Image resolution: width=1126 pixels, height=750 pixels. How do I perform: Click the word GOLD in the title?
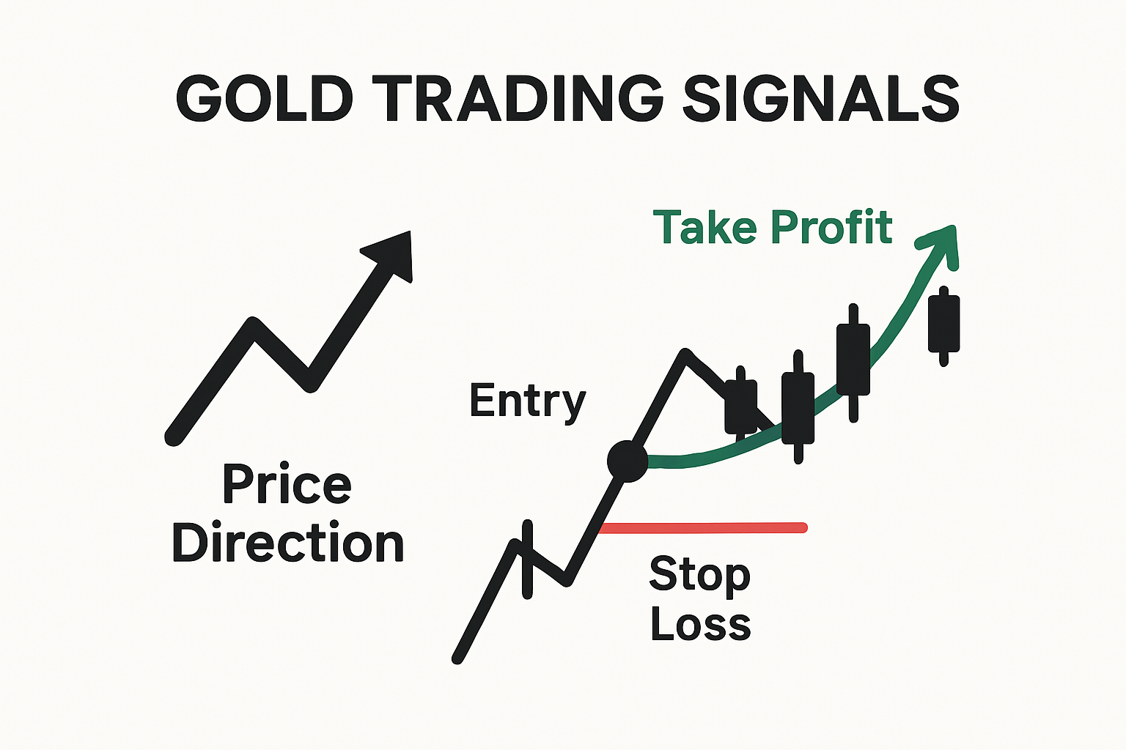[x=265, y=98]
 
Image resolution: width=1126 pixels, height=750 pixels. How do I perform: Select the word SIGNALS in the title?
[x=820, y=98]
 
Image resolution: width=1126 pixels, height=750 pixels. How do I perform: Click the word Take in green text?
[x=704, y=227]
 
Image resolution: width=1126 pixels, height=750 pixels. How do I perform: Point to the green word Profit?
[x=831, y=227]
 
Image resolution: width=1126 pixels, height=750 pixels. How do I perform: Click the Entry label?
[x=527, y=401]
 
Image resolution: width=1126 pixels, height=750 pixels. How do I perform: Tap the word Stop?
[x=699, y=575]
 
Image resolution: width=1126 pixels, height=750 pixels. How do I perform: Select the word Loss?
[x=700, y=625]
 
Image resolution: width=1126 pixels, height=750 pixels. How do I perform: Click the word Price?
[x=287, y=485]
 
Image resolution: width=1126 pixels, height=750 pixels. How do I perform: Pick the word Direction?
[x=287, y=543]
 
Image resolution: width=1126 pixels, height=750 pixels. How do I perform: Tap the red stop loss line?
[x=704, y=527]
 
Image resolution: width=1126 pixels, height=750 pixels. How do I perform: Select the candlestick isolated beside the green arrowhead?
[x=943, y=324]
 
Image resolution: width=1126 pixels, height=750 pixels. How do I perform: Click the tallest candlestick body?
[x=853, y=360]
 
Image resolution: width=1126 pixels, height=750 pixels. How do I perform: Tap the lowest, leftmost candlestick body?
[x=740, y=406]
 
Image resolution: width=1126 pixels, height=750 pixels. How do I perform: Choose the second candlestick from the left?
[x=798, y=408]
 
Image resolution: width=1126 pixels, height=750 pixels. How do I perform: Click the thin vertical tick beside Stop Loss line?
[x=527, y=560]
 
